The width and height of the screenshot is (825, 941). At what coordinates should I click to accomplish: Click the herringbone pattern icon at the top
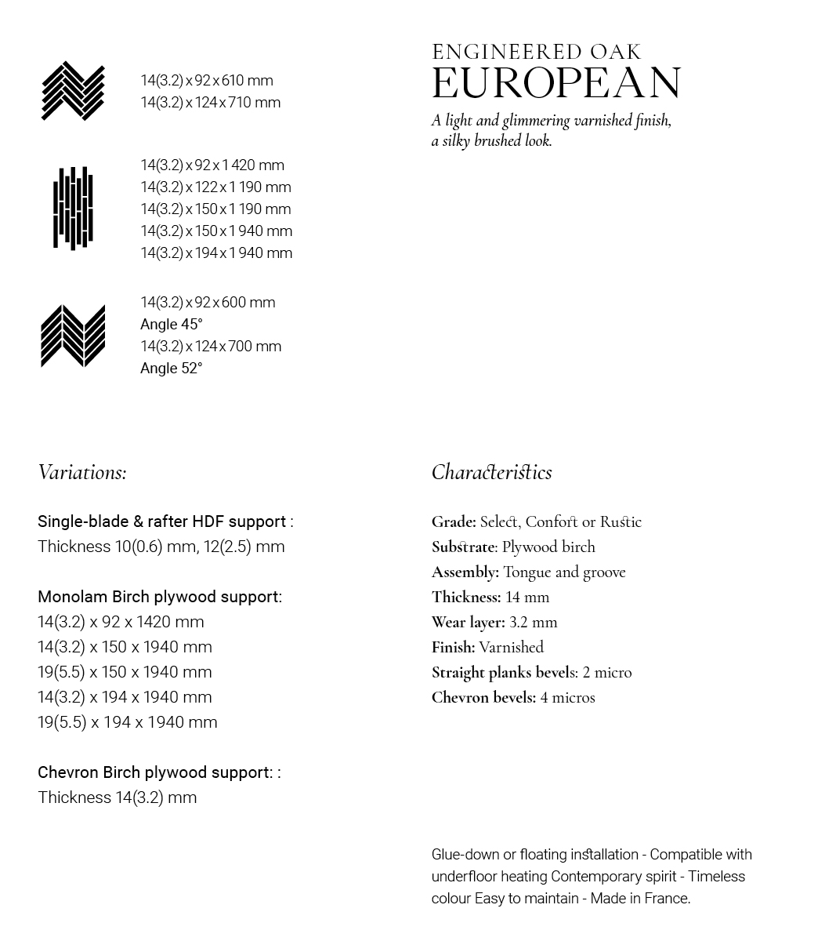pos(73,91)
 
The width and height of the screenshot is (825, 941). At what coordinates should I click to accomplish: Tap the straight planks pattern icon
pos(73,209)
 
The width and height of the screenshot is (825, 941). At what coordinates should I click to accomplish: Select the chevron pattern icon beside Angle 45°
pos(73,336)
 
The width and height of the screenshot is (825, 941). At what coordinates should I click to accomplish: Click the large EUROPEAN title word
pos(556,83)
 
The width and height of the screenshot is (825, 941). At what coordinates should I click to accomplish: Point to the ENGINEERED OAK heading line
pos(537,53)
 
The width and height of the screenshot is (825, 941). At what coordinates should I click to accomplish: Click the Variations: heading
pos(82,472)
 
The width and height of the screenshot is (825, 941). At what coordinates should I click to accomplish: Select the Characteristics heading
pos(491,472)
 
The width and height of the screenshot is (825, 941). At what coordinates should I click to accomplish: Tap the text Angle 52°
pos(172,369)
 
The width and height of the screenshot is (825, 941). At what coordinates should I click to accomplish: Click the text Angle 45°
pos(172,325)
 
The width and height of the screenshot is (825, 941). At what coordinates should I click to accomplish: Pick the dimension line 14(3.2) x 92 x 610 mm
pos(207,81)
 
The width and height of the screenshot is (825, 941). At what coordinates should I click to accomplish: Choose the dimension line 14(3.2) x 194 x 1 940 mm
pos(216,253)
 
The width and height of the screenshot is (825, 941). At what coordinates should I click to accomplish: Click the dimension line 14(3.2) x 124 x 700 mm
pos(211,347)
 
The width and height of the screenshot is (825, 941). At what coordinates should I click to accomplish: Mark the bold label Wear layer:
pos(468,623)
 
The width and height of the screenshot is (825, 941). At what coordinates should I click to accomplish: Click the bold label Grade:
pos(454,522)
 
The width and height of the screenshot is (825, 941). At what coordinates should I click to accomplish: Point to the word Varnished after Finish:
pos(511,648)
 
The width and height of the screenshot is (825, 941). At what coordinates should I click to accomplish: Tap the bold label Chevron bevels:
pos(483,698)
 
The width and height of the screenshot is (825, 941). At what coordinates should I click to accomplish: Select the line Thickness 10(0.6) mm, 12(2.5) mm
pos(161,547)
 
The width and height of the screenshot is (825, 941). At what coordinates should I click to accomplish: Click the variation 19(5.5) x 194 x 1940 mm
pos(127,722)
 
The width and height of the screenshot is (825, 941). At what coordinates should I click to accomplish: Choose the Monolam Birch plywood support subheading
pos(159,597)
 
